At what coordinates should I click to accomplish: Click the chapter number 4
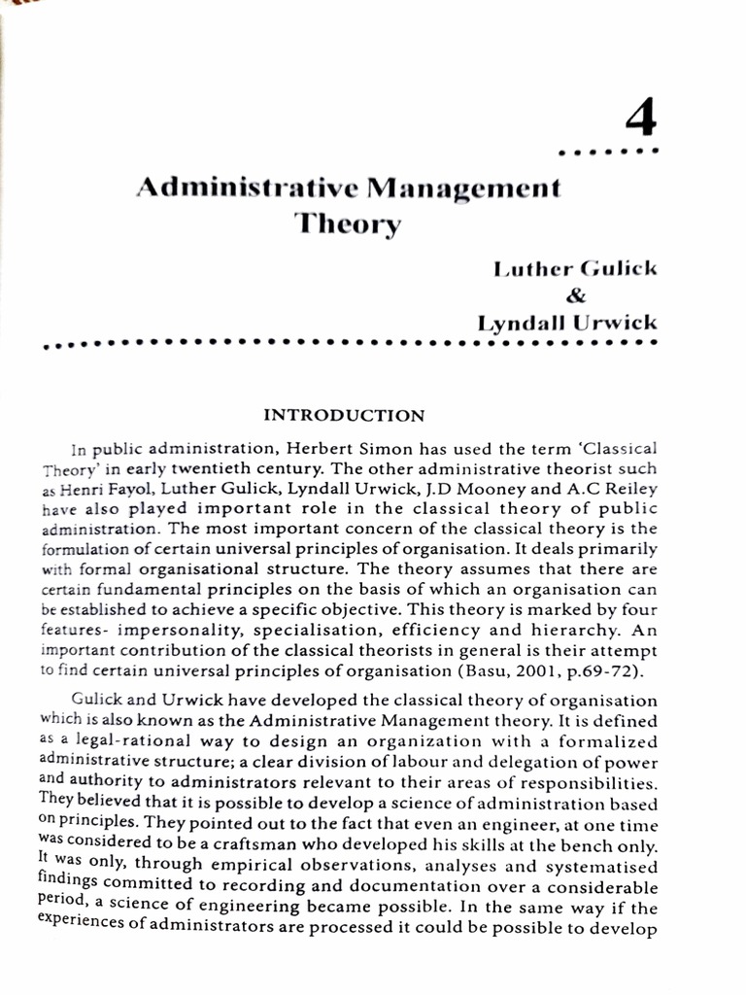[640, 120]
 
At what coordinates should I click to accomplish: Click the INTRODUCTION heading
[345, 416]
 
